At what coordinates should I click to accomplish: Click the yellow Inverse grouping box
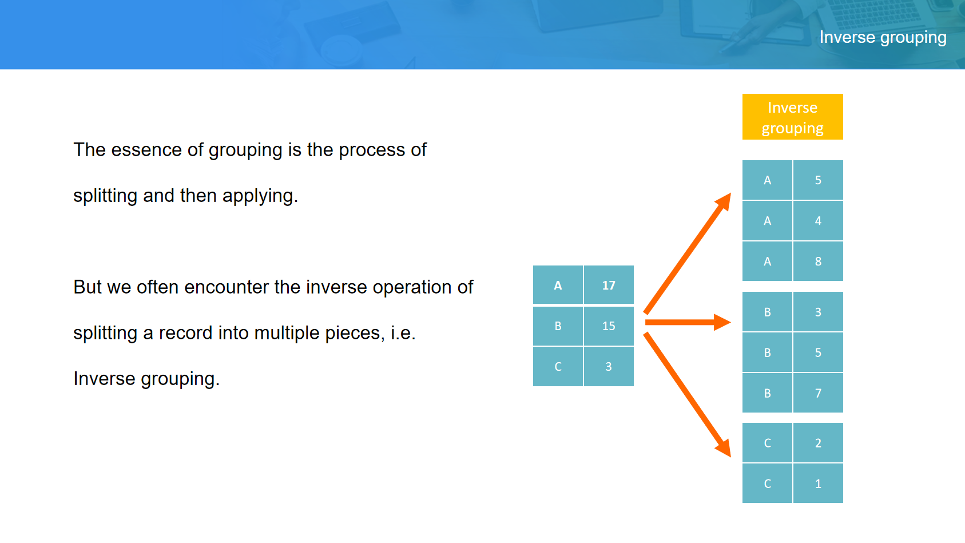point(792,117)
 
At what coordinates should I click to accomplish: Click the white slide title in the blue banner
point(883,38)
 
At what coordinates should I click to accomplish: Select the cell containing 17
point(608,285)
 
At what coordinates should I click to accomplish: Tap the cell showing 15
point(608,326)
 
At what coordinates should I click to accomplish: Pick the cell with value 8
point(817,261)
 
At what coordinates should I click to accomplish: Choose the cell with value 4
point(817,221)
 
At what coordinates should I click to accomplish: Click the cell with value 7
point(817,393)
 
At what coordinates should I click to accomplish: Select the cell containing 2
point(817,443)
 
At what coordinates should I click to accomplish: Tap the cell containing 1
point(817,483)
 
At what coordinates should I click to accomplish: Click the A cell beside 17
point(558,285)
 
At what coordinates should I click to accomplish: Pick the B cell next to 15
point(558,326)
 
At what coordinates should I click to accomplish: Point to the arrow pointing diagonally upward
point(688,253)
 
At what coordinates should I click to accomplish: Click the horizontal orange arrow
point(688,322)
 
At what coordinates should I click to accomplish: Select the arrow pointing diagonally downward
point(688,394)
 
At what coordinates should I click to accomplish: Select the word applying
point(260,196)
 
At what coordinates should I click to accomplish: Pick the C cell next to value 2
point(767,443)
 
